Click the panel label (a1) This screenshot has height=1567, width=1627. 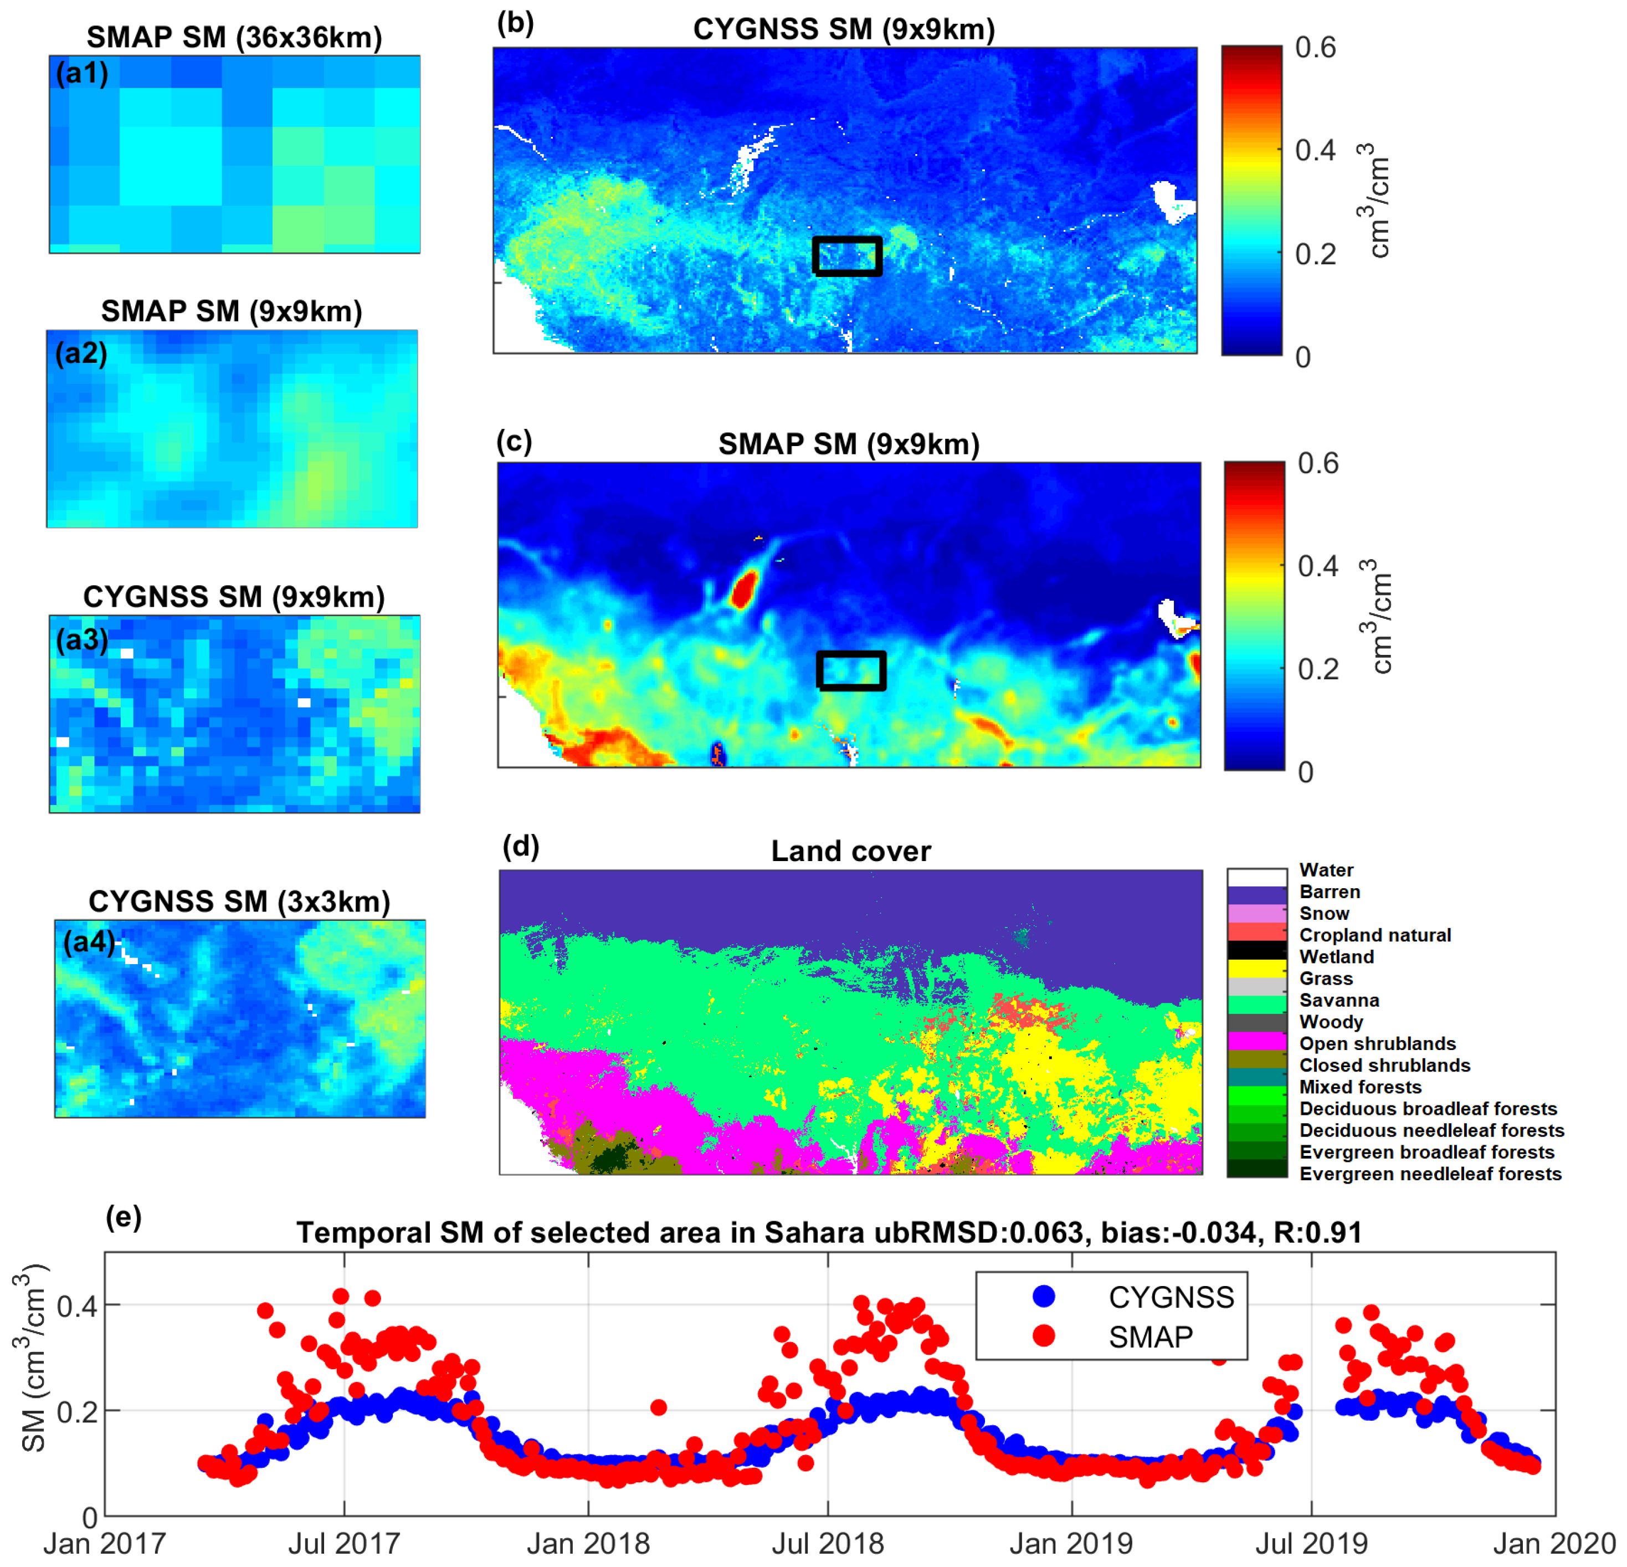point(81,74)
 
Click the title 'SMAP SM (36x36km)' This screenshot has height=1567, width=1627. point(234,37)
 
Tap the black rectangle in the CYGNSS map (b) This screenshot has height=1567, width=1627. point(846,256)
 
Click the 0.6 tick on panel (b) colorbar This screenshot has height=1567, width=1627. point(1315,48)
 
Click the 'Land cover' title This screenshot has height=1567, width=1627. point(851,851)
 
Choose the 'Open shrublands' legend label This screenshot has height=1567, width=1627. point(1377,1044)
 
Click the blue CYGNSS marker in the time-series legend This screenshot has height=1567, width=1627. point(1044,1295)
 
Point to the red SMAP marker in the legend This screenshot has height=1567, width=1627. point(1044,1335)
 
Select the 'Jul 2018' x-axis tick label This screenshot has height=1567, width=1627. point(828,1544)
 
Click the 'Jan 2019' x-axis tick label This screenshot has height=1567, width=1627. point(1071,1544)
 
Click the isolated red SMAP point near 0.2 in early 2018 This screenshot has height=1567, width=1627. point(658,1407)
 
